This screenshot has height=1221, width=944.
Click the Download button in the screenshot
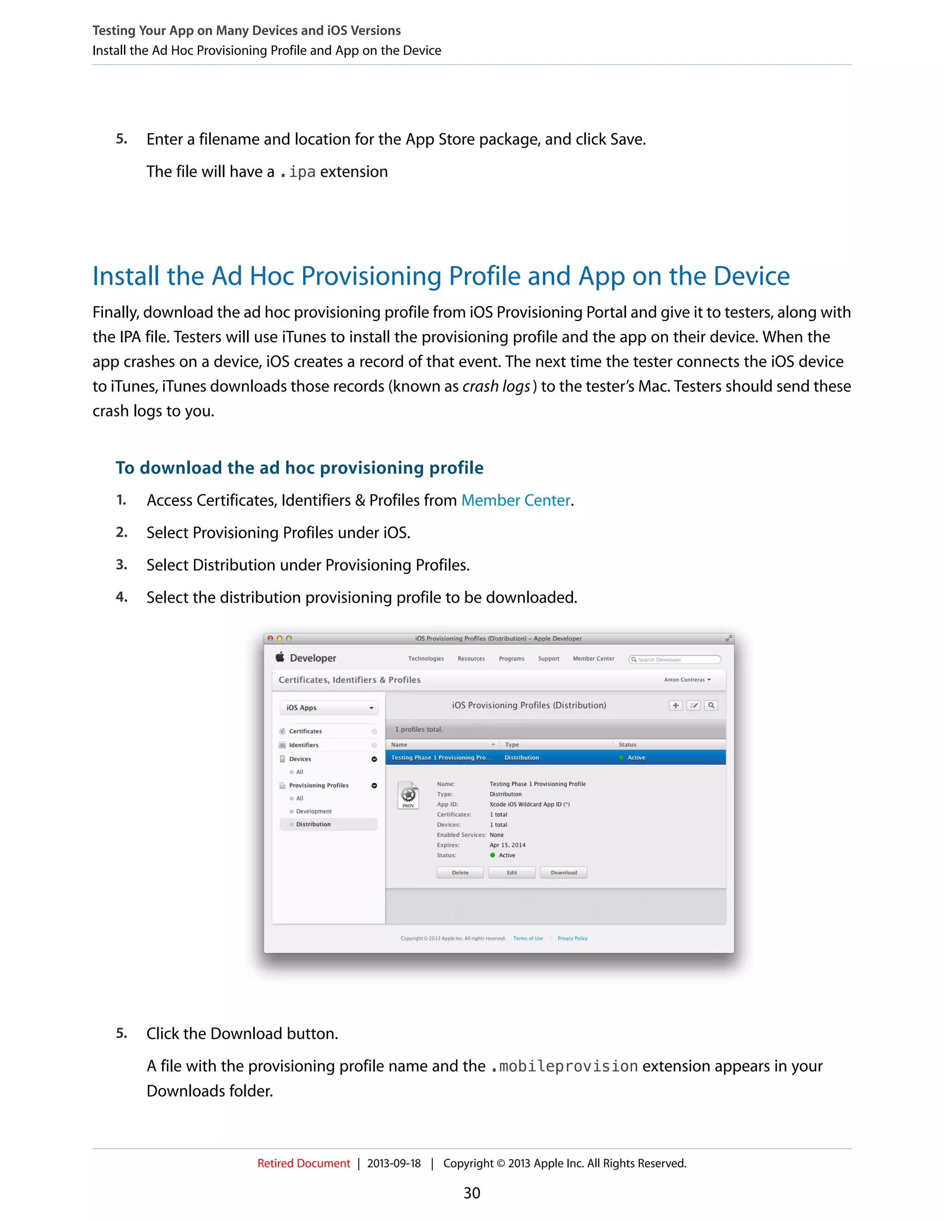coord(563,873)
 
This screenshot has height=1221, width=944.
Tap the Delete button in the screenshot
coord(460,873)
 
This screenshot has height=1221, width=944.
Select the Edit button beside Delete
coord(512,873)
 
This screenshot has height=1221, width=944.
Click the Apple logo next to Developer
coord(280,657)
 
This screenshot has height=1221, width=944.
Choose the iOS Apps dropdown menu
coord(329,708)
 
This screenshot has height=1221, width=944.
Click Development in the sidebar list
coord(314,811)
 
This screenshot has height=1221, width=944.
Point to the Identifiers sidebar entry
coord(304,745)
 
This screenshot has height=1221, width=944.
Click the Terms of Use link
coord(528,939)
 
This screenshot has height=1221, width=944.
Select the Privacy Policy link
coord(572,939)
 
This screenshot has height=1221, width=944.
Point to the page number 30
coord(472,1193)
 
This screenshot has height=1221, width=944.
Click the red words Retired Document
coord(303,1163)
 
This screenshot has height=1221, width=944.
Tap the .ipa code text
coord(298,172)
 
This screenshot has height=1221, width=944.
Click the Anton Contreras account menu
coord(687,680)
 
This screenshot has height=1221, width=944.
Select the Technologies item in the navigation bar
coord(425,658)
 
